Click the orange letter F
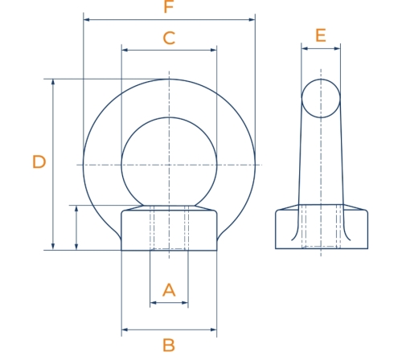pyautogui.click(x=169, y=6)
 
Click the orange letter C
pyautogui.click(x=169, y=38)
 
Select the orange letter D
pyautogui.click(x=39, y=162)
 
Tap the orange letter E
pyautogui.click(x=321, y=35)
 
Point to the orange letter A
pyautogui.click(x=169, y=290)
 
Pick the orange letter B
pyautogui.click(x=169, y=345)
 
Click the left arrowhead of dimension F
pyautogui.click(x=87, y=19)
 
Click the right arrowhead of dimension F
pyautogui.click(x=252, y=19)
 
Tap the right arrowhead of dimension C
pyautogui.click(x=214, y=50)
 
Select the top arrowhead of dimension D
pyautogui.click(x=53, y=82)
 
